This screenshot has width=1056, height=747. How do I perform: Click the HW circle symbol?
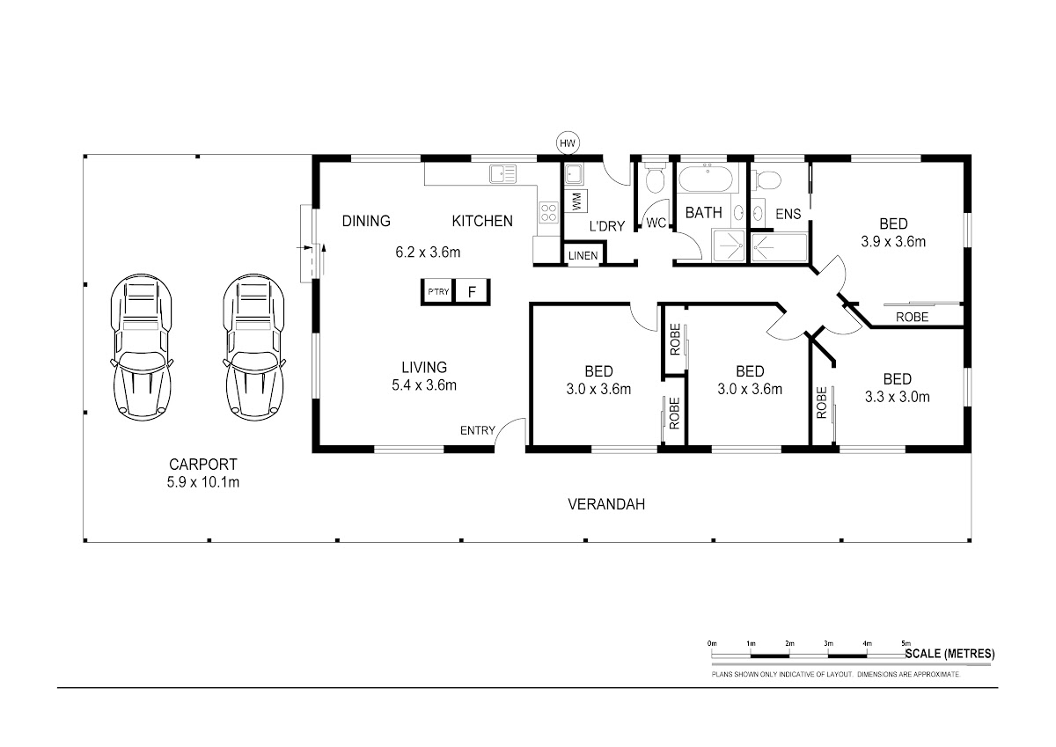[568, 143]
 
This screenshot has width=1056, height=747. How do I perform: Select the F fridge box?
[472, 292]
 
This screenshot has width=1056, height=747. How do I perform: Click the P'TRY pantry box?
[438, 292]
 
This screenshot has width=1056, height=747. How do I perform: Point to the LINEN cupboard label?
[583, 256]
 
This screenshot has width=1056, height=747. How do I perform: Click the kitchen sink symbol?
[503, 173]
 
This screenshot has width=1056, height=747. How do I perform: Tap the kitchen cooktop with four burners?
[548, 212]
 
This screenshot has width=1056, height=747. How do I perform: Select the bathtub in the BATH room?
[706, 178]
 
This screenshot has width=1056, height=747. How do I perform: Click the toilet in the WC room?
[655, 178]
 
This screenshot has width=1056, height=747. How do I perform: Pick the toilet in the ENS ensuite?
[766, 179]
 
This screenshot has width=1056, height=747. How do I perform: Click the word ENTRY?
[478, 430]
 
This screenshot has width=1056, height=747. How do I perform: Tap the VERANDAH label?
[606, 504]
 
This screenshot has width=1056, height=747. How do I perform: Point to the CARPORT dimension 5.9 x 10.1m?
[203, 482]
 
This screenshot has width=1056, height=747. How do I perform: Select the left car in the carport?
[142, 348]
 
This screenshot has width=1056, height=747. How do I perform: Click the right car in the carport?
[253, 348]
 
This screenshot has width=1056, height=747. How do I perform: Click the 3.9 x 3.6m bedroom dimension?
[893, 242]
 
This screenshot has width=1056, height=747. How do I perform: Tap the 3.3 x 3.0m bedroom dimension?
[897, 397]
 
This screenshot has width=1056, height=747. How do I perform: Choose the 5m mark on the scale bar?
[906, 643]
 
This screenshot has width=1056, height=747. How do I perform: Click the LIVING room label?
[424, 367]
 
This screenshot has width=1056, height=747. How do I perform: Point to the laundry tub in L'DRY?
[574, 174]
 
